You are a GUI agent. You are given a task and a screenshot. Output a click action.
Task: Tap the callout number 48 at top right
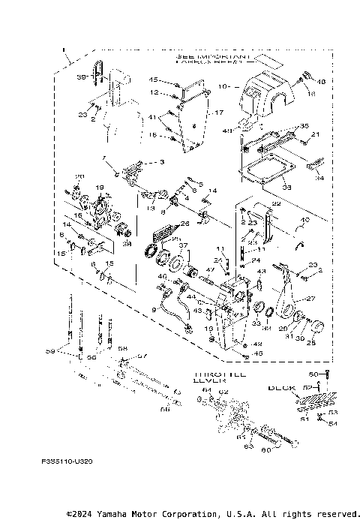[x=322, y=81]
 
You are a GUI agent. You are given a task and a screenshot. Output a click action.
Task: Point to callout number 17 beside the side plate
[x=220, y=113]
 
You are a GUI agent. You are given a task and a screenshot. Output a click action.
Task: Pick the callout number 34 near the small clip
[x=320, y=178]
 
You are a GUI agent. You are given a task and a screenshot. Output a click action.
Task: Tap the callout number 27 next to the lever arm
[x=332, y=299]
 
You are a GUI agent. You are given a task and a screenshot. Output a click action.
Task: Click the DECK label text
[x=283, y=388]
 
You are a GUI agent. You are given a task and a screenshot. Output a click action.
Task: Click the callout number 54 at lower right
[x=333, y=424]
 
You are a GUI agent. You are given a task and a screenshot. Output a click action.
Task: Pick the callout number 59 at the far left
[x=50, y=350]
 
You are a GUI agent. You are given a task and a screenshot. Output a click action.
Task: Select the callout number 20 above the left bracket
[x=79, y=177]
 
